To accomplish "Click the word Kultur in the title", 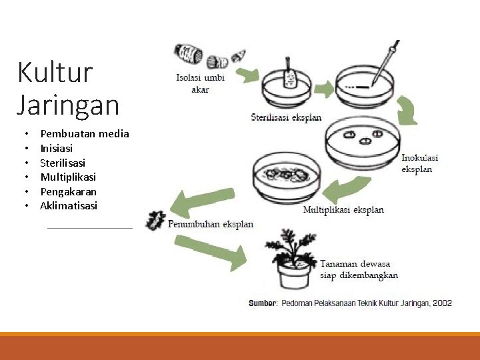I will pyautogui.click(x=55, y=72).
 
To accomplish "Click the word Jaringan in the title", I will pyautogui.click(x=68, y=105).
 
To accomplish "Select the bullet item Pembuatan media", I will pyautogui.click(x=85, y=133).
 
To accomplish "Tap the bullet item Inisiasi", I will pyautogui.click(x=57, y=148).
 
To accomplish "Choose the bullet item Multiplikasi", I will pyautogui.click(x=68, y=177).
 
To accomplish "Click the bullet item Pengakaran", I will pyautogui.click(x=68, y=191).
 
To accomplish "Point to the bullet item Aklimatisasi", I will pyautogui.click(x=69, y=206).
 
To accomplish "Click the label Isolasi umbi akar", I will pyautogui.click(x=200, y=83).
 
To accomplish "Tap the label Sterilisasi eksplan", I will pyautogui.click(x=286, y=117).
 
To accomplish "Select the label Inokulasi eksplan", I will pyautogui.click(x=419, y=163).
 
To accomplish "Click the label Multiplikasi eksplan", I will pyautogui.click(x=343, y=210).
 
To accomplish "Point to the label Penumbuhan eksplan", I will pyautogui.click(x=211, y=224).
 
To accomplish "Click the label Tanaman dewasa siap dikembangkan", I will pyautogui.click(x=359, y=269).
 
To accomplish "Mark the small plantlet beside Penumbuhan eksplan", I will pyautogui.click(x=156, y=220).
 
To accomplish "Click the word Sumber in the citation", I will pyautogui.click(x=262, y=303).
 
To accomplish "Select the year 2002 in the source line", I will pyautogui.click(x=442, y=303).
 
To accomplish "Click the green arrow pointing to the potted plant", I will pyautogui.click(x=213, y=251).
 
